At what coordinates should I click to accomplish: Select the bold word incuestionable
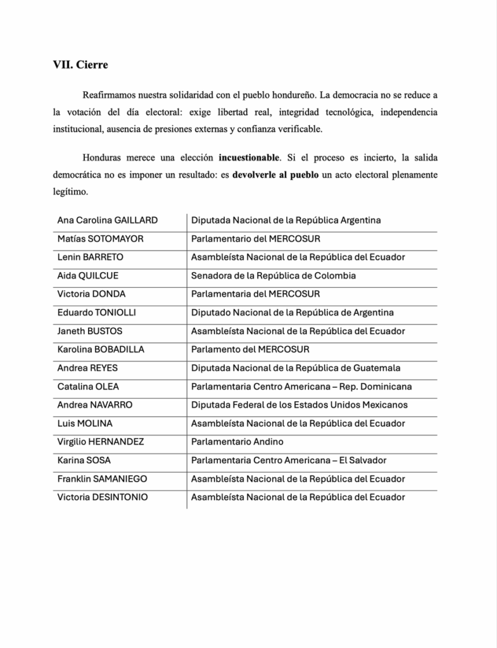tap(248, 156)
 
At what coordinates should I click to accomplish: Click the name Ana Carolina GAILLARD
tap(107, 220)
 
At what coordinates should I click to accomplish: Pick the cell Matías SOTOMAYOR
tap(100, 239)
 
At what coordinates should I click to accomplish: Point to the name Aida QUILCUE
tap(87, 276)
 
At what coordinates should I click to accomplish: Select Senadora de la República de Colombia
tap(274, 276)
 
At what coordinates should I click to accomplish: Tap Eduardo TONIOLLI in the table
tap(96, 313)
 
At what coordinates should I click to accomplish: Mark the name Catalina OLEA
tap(88, 387)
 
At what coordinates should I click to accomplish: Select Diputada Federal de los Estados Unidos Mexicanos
tap(299, 405)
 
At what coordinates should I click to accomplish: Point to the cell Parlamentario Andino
tap(237, 442)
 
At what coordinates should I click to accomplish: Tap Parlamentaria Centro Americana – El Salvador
tap(289, 460)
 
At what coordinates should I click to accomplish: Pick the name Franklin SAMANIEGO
tap(102, 479)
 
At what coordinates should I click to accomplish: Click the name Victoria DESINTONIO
tap(103, 497)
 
